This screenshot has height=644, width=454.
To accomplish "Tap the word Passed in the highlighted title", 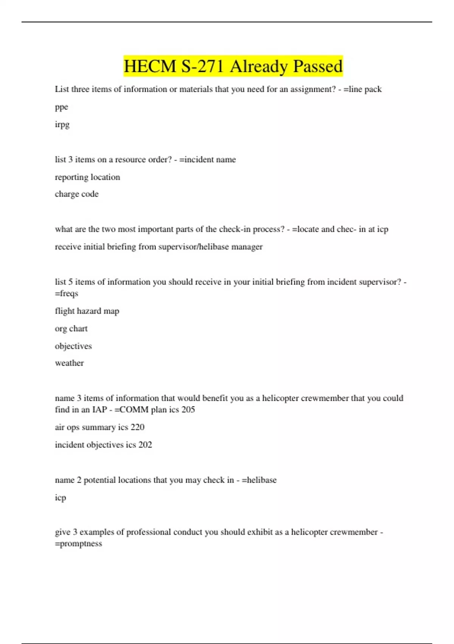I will point(318,67).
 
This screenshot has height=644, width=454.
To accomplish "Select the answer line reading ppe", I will point(61,107).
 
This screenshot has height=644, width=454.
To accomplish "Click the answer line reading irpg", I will point(62,124).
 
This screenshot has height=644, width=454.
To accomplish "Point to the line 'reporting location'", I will point(87,177).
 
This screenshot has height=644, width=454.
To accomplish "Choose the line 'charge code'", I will point(76,194).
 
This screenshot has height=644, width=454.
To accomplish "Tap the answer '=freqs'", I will point(67,293).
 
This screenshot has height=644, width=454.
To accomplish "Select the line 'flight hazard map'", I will point(87,311).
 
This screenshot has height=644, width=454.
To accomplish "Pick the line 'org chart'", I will point(71,328).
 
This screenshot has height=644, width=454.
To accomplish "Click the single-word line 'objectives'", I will point(73,346).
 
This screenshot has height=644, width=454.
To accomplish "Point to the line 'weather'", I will point(69,363).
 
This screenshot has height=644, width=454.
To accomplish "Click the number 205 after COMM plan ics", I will point(188,410).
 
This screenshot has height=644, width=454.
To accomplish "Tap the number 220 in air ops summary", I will point(137,427).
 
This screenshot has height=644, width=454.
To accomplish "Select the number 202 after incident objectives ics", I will point(145,444).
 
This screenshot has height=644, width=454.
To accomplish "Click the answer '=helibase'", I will point(259,480).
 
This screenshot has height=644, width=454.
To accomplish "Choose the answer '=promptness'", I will point(79,544).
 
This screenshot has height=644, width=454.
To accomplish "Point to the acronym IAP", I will point(100,410).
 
